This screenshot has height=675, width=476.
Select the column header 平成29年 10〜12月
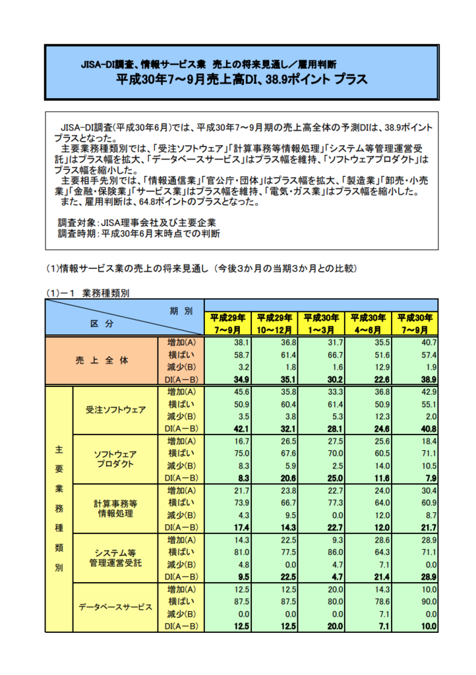tap(275, 323)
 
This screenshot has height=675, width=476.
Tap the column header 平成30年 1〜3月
tap(322, 323)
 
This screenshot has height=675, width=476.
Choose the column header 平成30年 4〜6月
tap(369, 323)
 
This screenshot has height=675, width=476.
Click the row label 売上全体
tap(102, 361)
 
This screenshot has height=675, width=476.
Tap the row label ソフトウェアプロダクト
tap(115, 459)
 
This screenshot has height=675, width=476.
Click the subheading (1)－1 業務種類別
tap(87, 294)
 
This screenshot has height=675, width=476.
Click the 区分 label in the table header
tap(102, 324)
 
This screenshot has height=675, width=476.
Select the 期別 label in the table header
tap(180, 310)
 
